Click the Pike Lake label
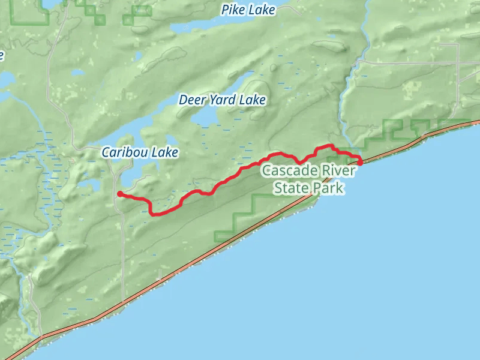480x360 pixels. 248,10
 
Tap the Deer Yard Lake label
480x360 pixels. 222,100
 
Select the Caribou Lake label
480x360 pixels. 139,152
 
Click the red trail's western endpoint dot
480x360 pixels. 120,194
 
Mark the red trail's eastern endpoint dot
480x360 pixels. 360,162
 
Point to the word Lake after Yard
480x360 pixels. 252,100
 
